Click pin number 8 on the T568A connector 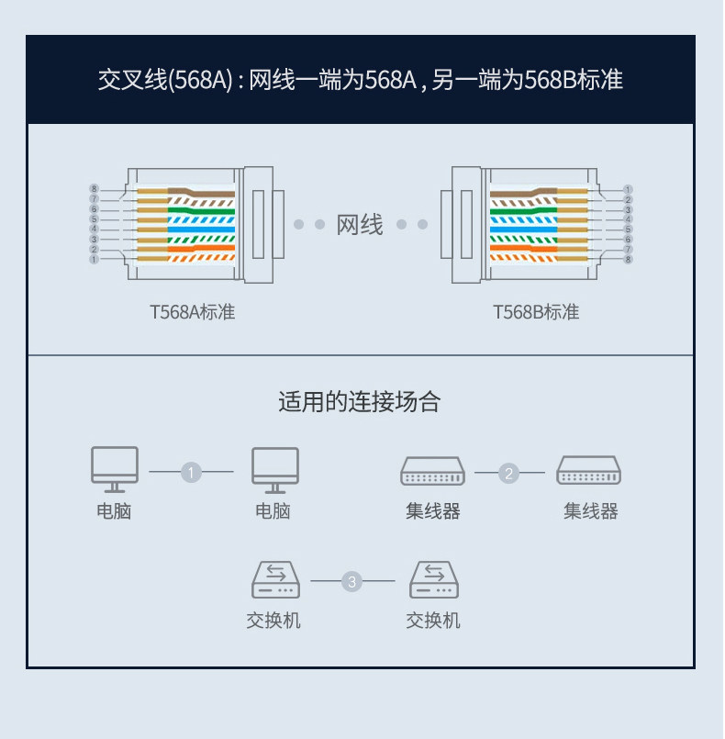point(95,189)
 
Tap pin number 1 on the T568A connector point(95,259)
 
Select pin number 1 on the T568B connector point(628,189)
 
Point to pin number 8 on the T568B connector point(628,259)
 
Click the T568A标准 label point(192,312)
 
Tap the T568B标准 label point(536,312)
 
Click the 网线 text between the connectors point(360,224)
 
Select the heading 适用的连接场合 point(360,402)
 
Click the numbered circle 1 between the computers point(191,472)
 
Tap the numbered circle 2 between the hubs point(508,473)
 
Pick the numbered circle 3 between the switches point(351,582)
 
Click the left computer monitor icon point(115,470)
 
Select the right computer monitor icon point(275,470)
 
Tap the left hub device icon point(432,471)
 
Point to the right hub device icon point(589,470)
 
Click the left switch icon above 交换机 point(275,579)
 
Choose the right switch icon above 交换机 point(434,579)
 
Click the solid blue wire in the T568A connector point(201,230)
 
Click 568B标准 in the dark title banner point(574,79)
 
